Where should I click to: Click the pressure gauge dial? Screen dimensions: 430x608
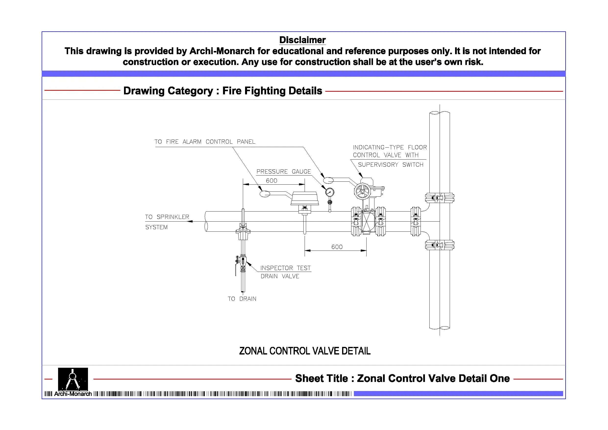[x=330, y=192]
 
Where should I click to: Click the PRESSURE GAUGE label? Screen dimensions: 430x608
[x=283, y=171]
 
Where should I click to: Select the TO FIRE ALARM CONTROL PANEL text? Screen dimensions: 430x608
[x=205, y=142]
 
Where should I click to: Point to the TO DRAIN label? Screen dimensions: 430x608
[x=242, y=299]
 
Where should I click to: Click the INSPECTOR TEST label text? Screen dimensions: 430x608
[x=285, y=268]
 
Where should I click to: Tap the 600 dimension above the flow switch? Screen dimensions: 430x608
[x=272, y=181]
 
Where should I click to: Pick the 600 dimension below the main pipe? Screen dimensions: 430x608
[x=337, y=247]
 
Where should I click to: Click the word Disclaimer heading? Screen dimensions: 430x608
[x=302, y=40]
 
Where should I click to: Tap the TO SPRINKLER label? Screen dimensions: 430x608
[x=167, y=217]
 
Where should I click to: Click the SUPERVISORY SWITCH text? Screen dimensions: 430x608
[x=391, y=164]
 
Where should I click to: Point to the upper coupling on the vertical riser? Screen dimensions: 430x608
[x=440, y=198]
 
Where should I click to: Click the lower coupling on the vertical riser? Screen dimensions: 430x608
[x=440, y=245]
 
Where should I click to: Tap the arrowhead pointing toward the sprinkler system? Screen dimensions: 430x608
[x=190, y=221]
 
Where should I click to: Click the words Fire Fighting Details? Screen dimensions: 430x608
[x=272, y=91]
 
